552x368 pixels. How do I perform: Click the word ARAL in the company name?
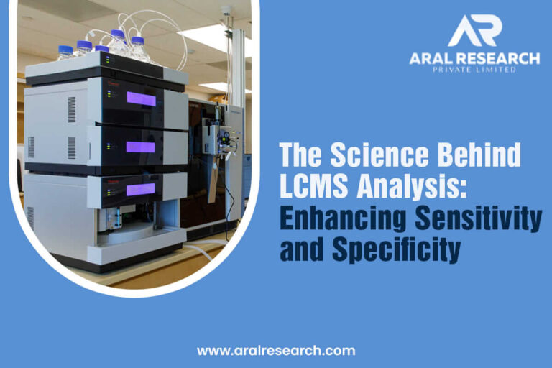pyautogui.click(x=435, y=57)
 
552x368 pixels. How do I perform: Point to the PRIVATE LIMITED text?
pyautogui.click(x=474, y=70)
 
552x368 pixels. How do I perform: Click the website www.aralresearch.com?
pyautogui.click(x=277, y=351)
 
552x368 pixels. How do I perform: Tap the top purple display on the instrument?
pyautogui.click(x=141, y=98)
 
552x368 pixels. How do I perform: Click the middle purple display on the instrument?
pyautogui.click(x=141, y=147)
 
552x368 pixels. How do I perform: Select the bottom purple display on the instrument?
pyautogui.click(x=141, y=189)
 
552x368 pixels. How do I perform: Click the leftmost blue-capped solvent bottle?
pyautogui.click(x=65, y=52)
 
